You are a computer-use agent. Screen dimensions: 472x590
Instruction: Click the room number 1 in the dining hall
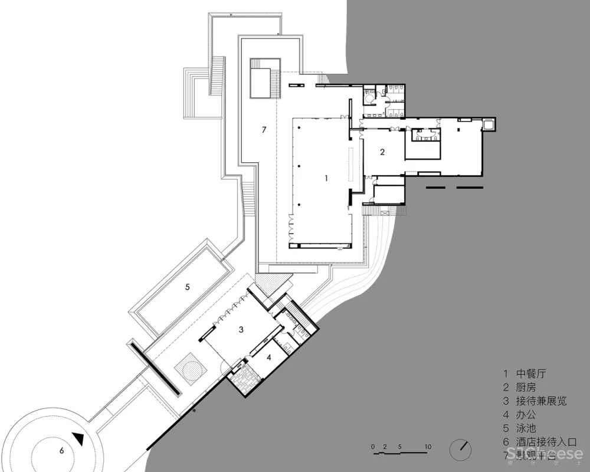click(326, 177)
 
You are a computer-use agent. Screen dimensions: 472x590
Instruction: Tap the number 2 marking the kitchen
click(382, 152)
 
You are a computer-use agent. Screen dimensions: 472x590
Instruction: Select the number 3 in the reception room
click(241, 329)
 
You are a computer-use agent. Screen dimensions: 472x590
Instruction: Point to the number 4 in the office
click(268, 357)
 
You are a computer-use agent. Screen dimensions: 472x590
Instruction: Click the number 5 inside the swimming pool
click(187, 287)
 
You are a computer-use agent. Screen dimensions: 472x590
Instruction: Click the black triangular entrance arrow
click(78, 438)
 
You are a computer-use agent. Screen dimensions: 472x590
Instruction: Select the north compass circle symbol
click(460, 449)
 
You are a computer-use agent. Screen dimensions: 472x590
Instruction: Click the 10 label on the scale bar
click(428, 446)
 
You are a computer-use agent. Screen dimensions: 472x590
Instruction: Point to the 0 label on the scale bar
click(373, 446)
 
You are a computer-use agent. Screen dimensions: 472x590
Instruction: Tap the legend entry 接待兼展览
click(541, 401)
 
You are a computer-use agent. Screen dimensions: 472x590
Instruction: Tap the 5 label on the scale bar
click(401, 446)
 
